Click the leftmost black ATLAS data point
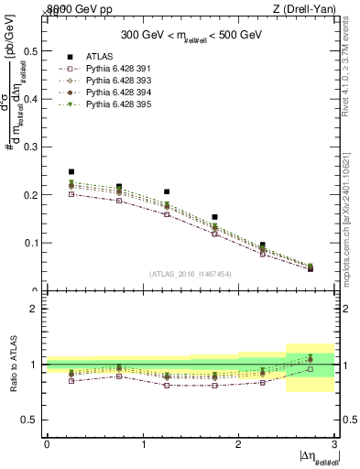point(71,171)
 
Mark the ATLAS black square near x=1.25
point(167,192)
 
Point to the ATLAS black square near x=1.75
point(214,217)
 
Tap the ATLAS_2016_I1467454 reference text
point(191,274)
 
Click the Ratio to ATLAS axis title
point(16,364)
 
